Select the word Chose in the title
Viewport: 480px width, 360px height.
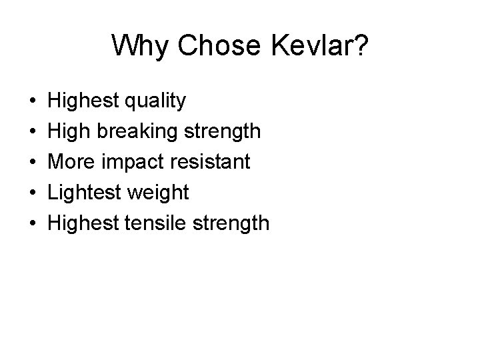[x=213, y=45]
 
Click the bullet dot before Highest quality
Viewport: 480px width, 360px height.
[x=33, y=101]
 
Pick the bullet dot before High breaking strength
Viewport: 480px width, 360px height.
[x=33, y=132]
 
